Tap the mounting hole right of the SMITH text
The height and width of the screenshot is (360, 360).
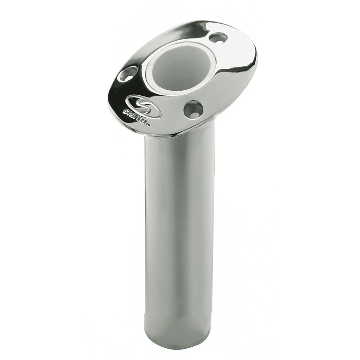[x=193, y=109]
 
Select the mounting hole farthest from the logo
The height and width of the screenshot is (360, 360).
[x=218, y=37]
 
